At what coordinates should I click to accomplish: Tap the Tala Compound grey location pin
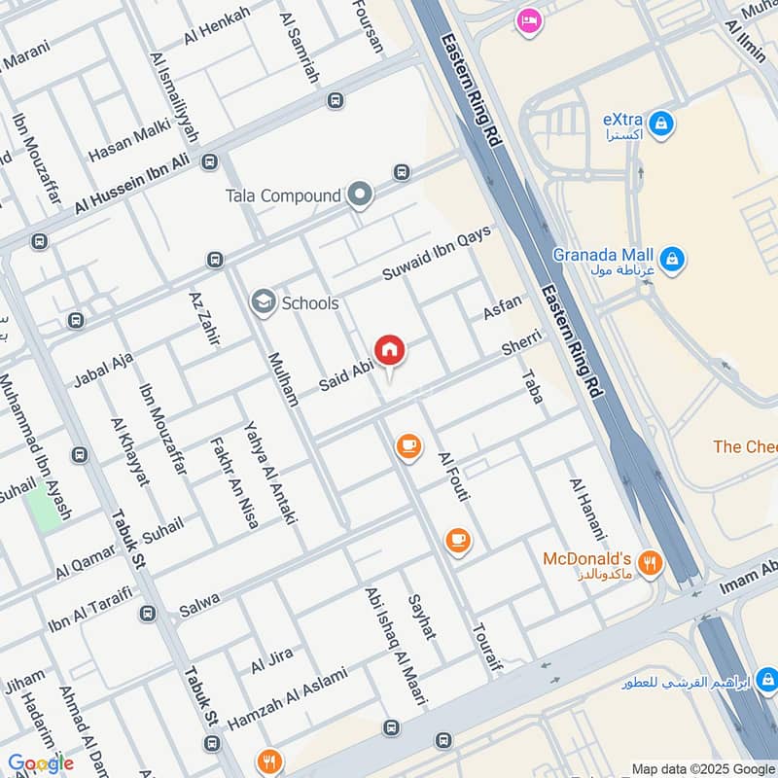coord(361,196)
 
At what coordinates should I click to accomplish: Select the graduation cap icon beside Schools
coord(263,303)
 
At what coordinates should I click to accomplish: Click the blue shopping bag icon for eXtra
coord(661,124)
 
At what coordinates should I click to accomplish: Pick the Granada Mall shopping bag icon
coord(671,260)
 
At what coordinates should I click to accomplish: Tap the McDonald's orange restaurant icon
coord(651,562)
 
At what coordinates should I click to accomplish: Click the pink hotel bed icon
coord(528,20)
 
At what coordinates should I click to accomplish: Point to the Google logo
coord(41,763)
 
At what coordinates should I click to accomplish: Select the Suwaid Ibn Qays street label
coord(437,255)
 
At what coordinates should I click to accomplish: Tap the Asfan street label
coord(502,308)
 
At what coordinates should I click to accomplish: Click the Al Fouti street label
coord(454,477)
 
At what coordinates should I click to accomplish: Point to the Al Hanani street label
coord(587,510)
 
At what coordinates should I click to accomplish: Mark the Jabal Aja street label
coord(103,370)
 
